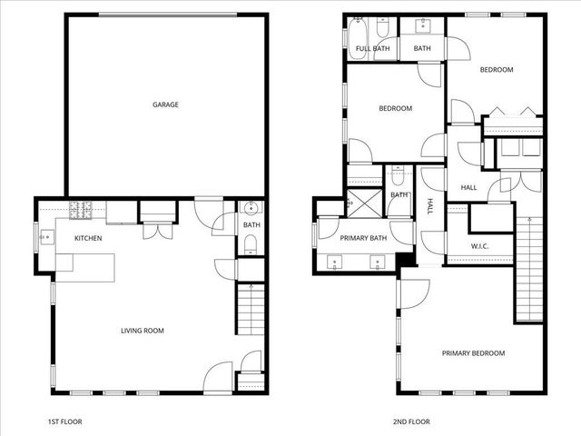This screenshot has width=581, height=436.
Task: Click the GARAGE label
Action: click(x=164, y=104)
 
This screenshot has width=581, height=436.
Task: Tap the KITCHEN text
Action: click(x=88, y=238)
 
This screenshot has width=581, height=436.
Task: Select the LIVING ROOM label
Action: click(x=143, y=331)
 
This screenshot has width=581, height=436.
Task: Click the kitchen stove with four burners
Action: click(x=81, y=211)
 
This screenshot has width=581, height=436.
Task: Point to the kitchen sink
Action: click(x=44, y=239)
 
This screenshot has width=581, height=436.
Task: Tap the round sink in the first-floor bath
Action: click(x=251, y=208)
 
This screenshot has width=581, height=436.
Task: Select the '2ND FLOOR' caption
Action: click(x=412, y=421)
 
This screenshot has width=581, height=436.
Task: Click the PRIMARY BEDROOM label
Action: click(x=473, y=352)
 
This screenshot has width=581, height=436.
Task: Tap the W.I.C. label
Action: click(x=480, y=246)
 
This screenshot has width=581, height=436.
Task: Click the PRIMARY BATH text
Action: click(x=363, y=238)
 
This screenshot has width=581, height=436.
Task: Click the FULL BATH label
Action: click(x=372, y=48)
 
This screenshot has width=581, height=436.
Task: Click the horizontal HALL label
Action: click(x=468, y=187)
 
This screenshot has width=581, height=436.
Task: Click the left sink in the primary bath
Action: click(x=335, y=263)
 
